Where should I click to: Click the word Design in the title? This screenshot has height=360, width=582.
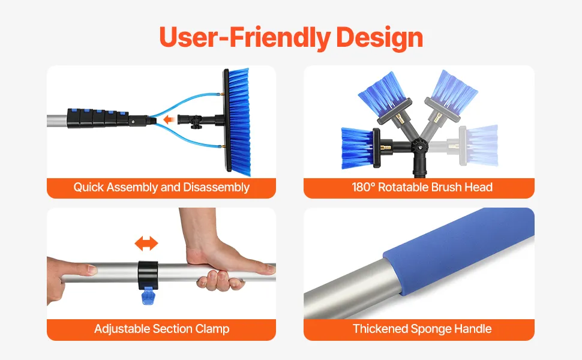pos(379,38)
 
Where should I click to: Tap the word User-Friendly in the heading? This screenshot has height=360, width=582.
pos(245,37)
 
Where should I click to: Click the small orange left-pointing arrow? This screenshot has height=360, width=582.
pos(169,119)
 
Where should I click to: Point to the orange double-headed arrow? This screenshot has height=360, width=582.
pos(146,244)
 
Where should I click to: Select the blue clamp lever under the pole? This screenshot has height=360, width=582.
pos(148,296)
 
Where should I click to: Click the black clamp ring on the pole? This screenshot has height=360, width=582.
pos(148,275)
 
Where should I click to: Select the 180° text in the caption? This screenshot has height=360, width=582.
pos(364,187)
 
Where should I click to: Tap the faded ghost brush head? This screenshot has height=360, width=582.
pos(479,145)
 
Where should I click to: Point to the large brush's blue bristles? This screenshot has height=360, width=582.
pos(239,121)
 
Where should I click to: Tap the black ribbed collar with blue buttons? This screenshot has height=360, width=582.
pos(98,118)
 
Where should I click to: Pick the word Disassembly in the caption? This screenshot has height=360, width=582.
pos(216,187)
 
